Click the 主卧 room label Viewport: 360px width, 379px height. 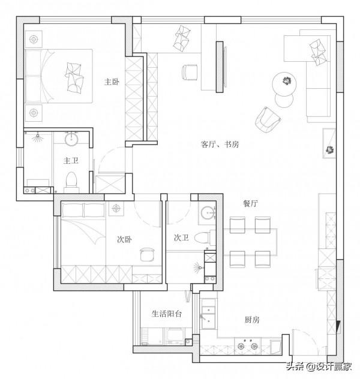[112, 82]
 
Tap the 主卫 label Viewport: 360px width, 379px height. [71, 161]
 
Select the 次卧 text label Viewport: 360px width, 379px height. [124, 239]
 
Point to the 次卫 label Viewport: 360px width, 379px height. [181, 237]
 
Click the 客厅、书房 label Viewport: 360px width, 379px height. [220, 145]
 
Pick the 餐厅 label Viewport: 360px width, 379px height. [250, 203]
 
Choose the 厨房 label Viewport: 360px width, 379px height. [252, 320]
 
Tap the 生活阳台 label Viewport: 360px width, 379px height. [167, 314]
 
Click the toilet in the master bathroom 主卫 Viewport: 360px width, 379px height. [71, 180]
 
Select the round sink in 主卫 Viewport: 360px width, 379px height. [71, 139]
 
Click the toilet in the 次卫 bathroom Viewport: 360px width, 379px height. [202, 238]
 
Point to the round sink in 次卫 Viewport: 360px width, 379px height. [208, 213]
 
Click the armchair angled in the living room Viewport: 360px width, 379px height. [268, 120]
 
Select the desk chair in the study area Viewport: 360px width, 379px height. [190, 72]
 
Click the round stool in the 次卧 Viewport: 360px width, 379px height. [147, 254]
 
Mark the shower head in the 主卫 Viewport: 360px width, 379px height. [37, 137]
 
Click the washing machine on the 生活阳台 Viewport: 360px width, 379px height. [175, 336]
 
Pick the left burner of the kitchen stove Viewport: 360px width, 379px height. [241, 347]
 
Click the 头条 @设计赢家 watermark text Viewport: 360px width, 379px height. [319, 366]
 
